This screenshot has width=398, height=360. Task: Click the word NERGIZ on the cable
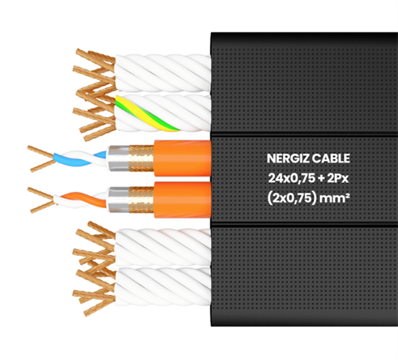(288, 159)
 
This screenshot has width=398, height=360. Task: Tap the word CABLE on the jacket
(331, 159)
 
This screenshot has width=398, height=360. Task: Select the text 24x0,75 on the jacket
(291, 179)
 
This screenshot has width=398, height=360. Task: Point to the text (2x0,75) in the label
(292, 198)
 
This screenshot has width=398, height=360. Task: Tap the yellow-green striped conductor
(147, 114)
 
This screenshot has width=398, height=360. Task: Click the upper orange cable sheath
(182, 158)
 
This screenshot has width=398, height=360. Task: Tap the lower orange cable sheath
(182, 200)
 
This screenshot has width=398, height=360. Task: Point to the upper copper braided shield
(141, 159)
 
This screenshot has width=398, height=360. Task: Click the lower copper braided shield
(141, 200)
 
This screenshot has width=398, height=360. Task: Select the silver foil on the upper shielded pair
(118, 158)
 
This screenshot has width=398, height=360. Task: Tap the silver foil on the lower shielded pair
(118, 199)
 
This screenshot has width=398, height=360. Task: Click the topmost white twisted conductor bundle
(163, 73)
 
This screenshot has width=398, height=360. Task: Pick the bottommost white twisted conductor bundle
(163, 286)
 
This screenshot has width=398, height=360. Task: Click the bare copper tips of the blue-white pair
(42, 159)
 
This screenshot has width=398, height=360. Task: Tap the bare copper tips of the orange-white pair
(42, 200)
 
